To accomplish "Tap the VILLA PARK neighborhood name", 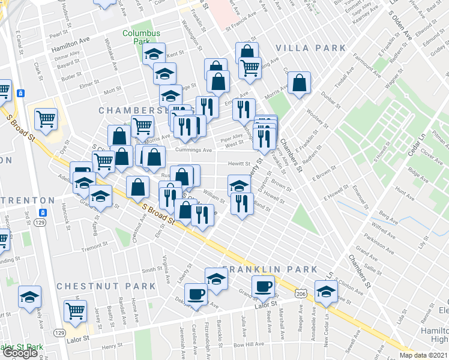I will point(310,48).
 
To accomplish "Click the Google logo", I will point(19,352).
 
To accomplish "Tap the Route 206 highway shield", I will point(300,292).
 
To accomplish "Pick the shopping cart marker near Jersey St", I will point(75,310).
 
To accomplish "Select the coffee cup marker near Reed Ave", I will point(262,286).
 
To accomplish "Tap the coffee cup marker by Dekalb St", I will point(195,295).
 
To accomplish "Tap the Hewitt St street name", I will point(238,163).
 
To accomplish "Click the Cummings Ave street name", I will point(194,150).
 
